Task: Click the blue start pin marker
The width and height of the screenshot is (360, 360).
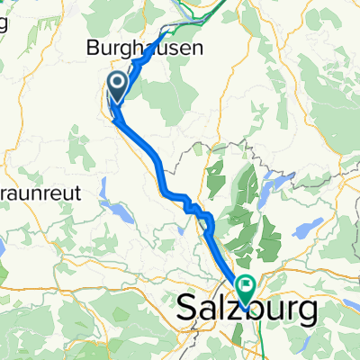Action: coord(118,87)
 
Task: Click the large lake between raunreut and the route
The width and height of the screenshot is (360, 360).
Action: coord(118,211)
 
